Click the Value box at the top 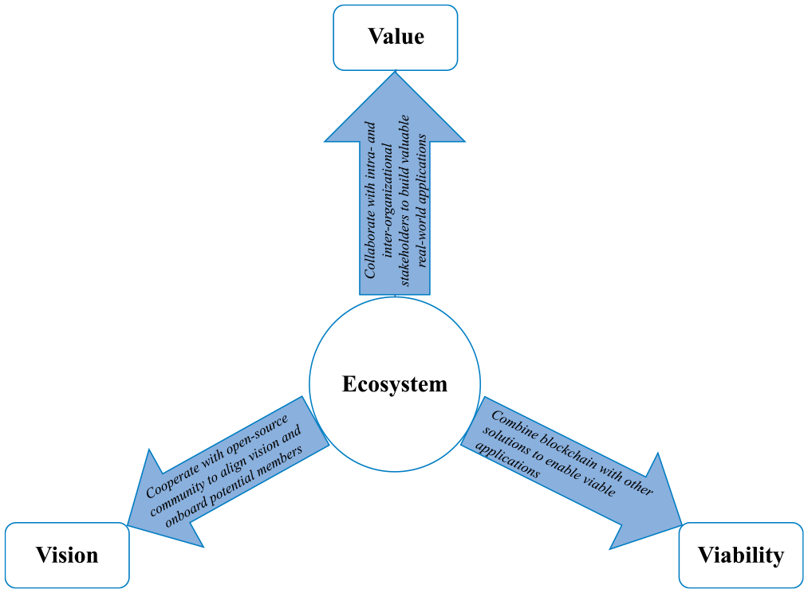(396, 37)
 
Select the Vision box (67, 555)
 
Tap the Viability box (741, 555)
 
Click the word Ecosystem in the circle (395, 384)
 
